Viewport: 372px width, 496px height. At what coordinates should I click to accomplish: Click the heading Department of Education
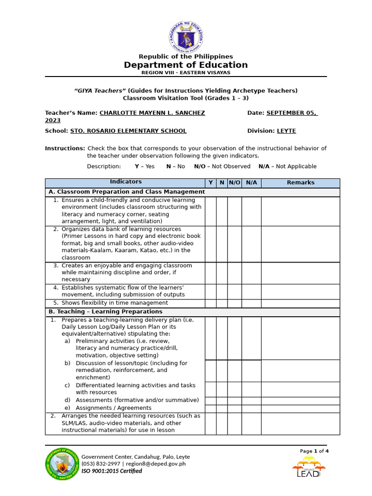pyautogui.click(x=186, y=65)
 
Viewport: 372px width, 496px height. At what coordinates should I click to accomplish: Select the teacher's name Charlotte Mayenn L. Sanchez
pyautogui.click(x=152, y=113)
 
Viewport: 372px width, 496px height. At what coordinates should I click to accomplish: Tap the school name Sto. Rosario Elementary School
pyautogui.click(x=128, y=131)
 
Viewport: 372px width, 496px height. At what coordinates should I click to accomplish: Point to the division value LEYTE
pyautogui.click(x=286, y=131)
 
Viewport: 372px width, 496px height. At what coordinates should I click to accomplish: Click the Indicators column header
pyautogui.click(x=125, y=182)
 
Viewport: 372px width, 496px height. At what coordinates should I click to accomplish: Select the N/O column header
pyautogui.click(x=234, y=183)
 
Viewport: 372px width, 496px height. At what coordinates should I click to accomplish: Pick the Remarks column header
pyautogui.click(x=300, y=183)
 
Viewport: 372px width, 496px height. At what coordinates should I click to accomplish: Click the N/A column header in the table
pyautogui.click(x=251, y=183)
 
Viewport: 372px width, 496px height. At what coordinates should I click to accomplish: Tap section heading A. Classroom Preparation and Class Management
pyautogui.click(x=126, y=192)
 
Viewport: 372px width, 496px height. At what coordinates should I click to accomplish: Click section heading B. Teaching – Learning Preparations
pyautogui.click(x=105, y=312)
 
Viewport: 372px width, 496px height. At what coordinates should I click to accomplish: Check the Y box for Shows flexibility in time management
pyautogui.click(x=211, y=303)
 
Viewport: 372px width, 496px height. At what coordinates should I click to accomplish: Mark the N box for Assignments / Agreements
pyautogui.click(x=222, y=408)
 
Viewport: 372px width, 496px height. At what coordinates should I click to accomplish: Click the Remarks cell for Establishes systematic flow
pyautogui.click(x=300, y=291)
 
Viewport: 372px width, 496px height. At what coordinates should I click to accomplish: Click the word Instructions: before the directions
pyautogui.click(x=65, y=148)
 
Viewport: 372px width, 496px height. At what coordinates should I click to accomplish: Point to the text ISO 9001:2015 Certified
pyautogui.click(x=111, y=471)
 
